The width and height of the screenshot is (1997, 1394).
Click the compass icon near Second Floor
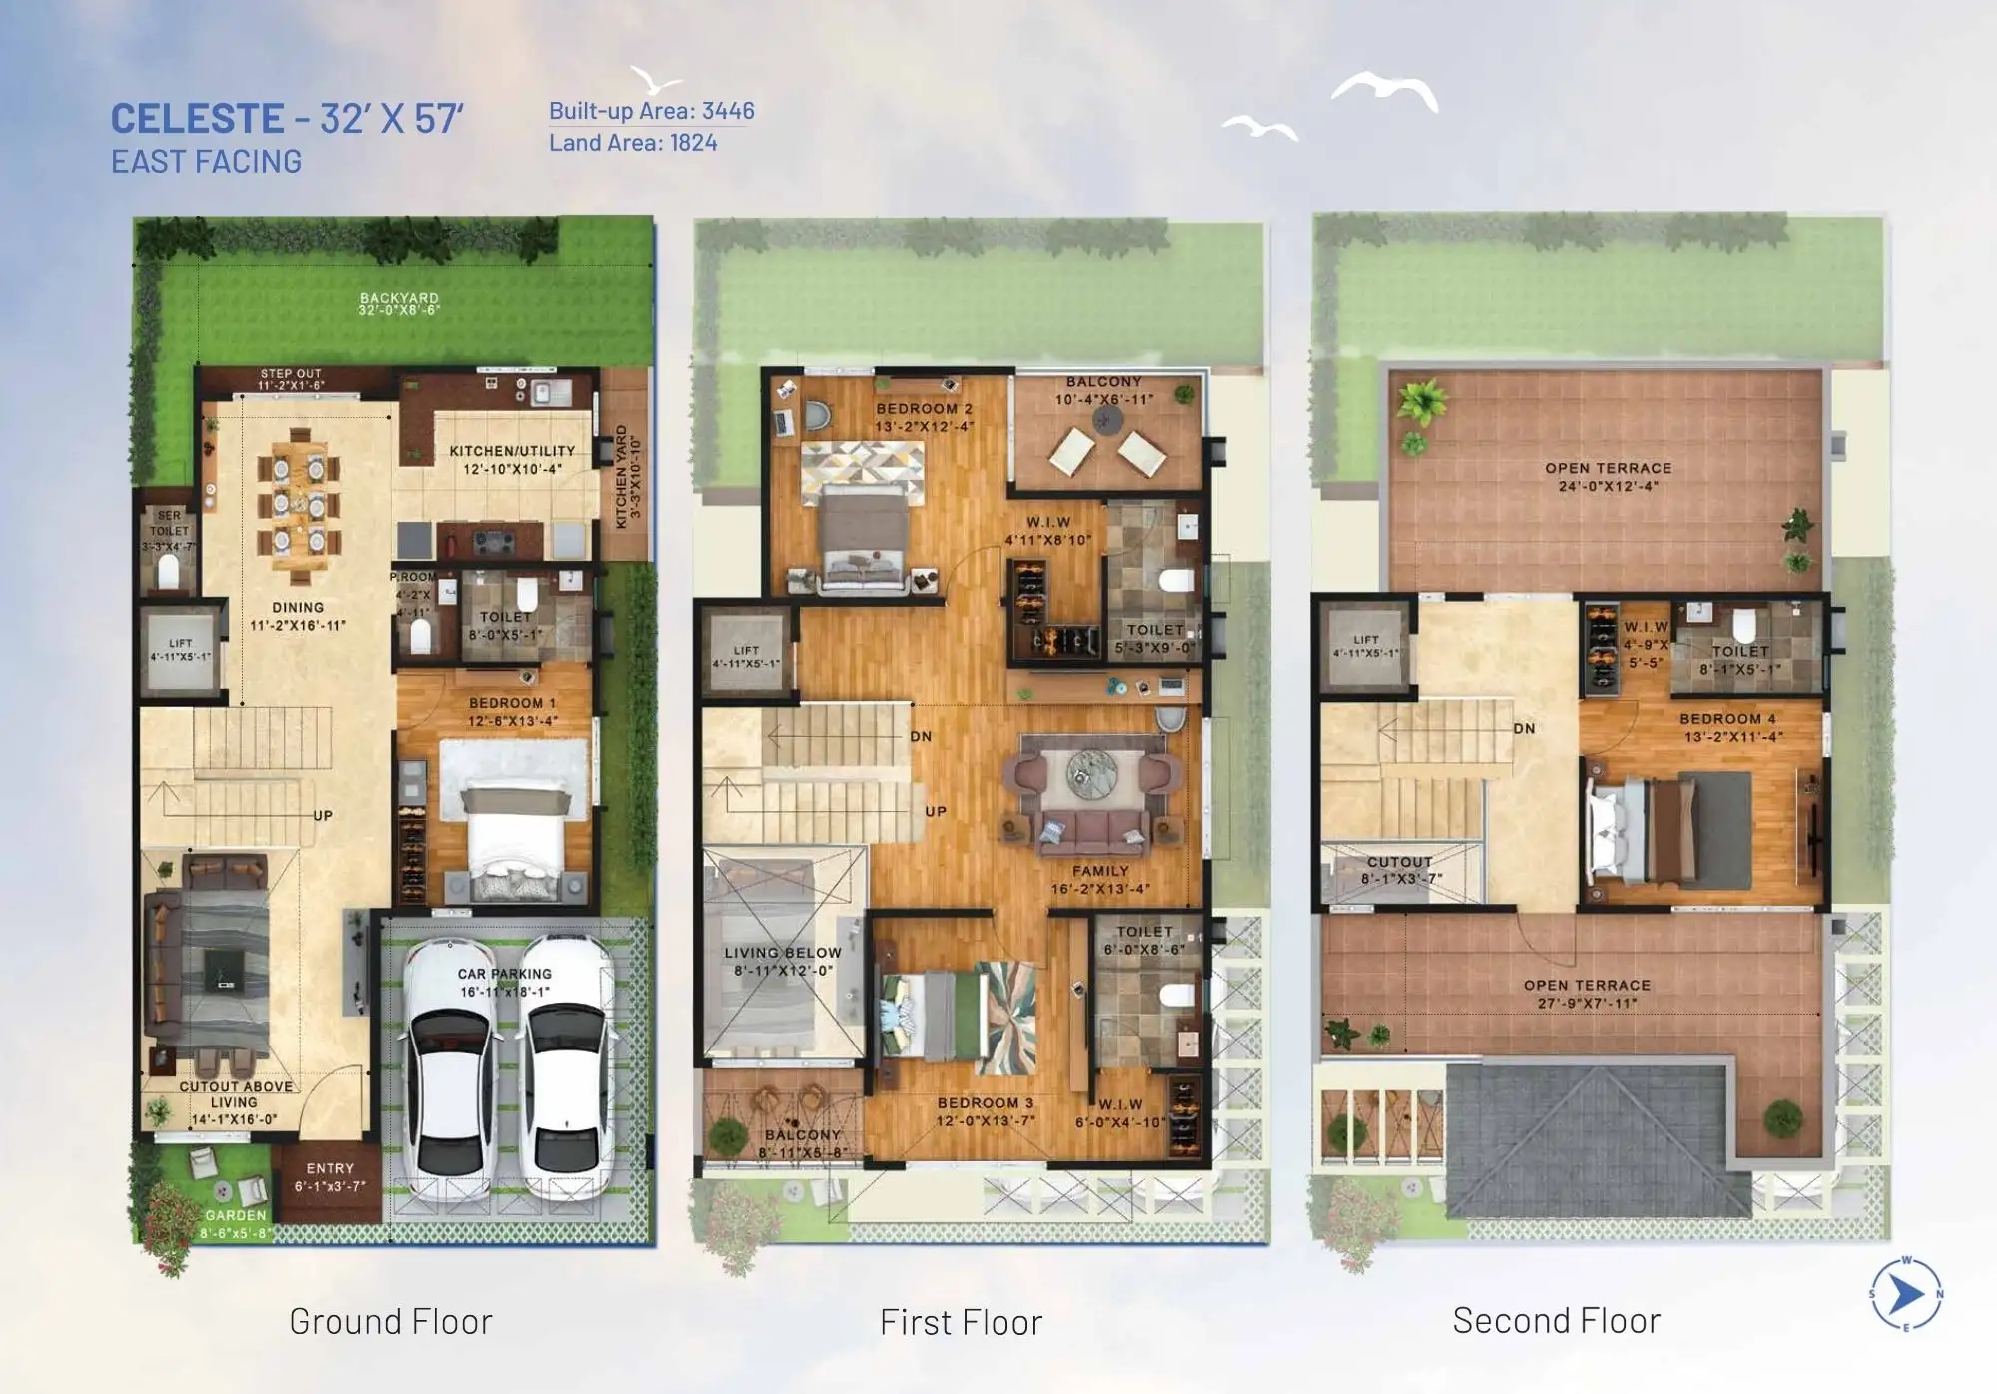(x=1905, y=1295)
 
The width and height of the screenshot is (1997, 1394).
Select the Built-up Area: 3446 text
(x=651, y=111)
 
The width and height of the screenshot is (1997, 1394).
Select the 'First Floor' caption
(x=961, y=1322)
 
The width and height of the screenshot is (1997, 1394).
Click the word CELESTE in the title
(x=197, y=119)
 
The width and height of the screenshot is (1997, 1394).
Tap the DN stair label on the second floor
(x=1524, y=729)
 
